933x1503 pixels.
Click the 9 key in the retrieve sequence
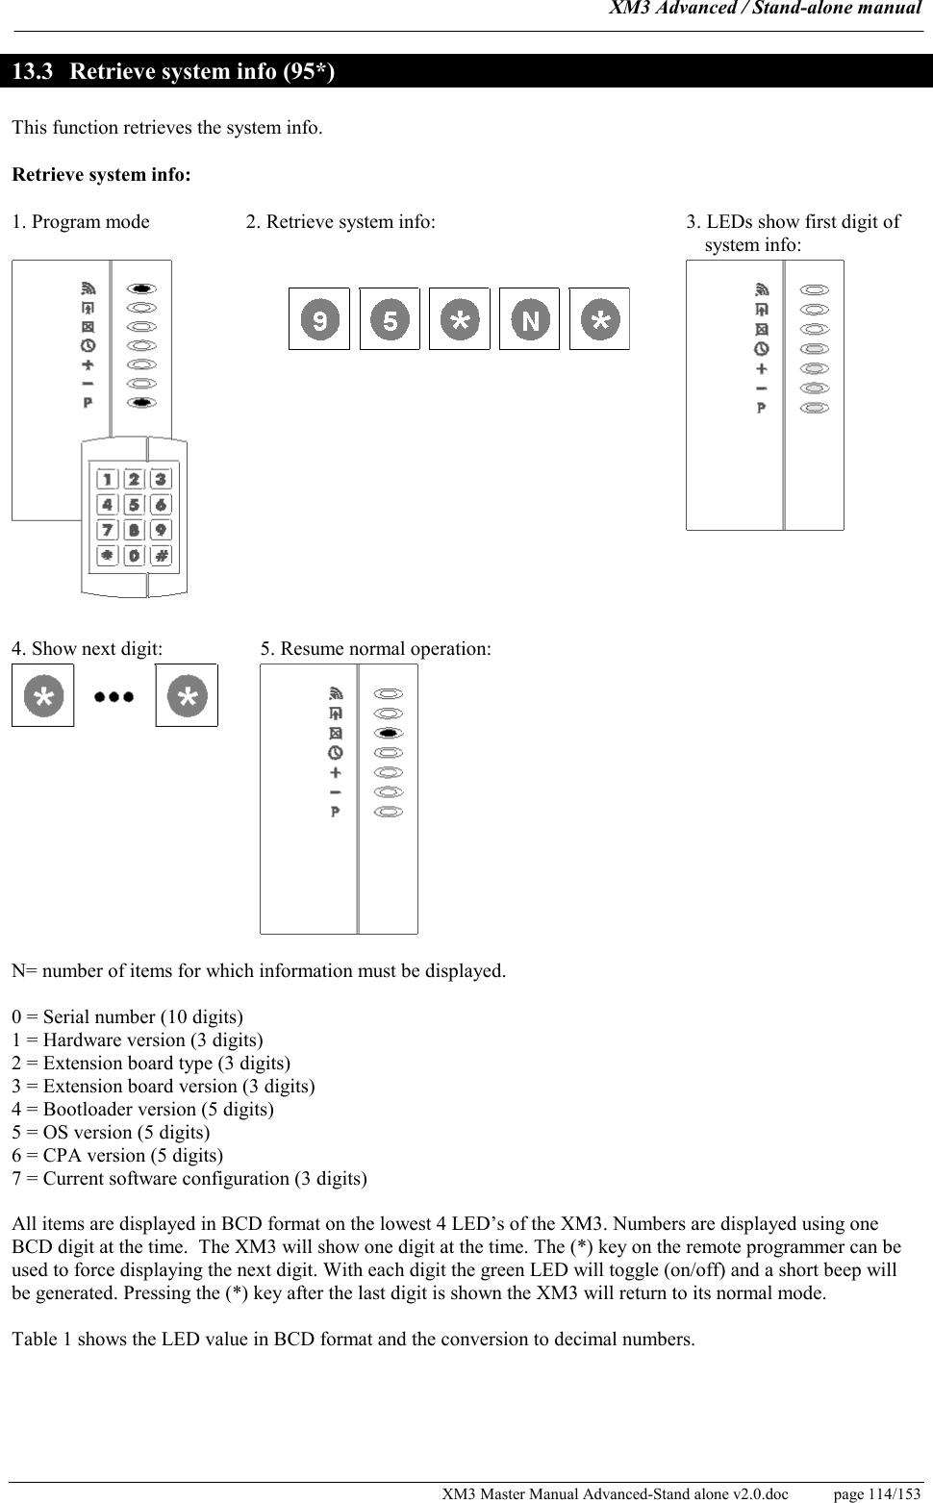click(x=319, y=319)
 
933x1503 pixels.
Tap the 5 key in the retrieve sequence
click(x=390, y=319)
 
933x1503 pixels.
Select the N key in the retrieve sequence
click(x=530, y=319)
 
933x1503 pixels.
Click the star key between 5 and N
click(x=460, y=319)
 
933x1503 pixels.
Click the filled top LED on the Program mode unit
click(x=141, y=288)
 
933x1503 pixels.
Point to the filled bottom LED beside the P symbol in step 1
click(x=141, y=403)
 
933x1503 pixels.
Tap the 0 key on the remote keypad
click(x=134, y=556)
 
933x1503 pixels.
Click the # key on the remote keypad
click(x=161, y=556)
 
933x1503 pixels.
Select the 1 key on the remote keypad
click(x=107, y=479)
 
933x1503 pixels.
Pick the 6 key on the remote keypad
click(x=161, y=505)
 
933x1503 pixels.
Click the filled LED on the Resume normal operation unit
click(x=389, y=733)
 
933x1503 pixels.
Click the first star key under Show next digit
click(x=42, y=695)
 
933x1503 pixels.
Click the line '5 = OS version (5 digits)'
click(x=111, y=1132)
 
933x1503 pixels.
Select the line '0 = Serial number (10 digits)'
click(x=127, y=1016)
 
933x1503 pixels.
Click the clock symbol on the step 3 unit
click(x=762, y=349)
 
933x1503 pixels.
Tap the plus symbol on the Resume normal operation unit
click(x=335, y=772)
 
